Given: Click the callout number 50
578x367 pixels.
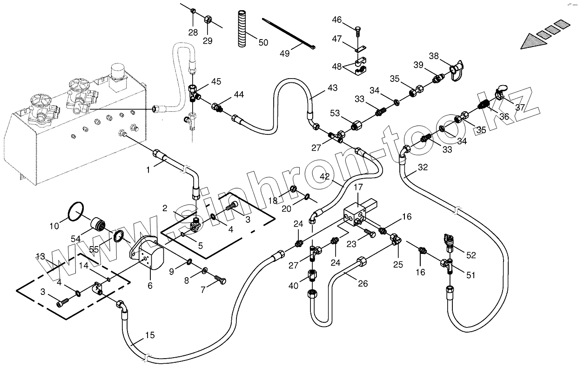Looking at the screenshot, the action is [x=263, y=42].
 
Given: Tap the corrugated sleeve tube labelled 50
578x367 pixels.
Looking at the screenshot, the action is [x=242, y=28].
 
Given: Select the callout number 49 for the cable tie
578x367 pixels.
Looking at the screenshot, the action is [x=285, y=53].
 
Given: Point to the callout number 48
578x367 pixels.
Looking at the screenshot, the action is [x=337, y=67].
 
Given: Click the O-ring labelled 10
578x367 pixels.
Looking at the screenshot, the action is [x=76, y=212].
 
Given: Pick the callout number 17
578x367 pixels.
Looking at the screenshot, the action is [x=358, y=187].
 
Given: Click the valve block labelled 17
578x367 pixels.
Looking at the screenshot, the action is [x=360, y=214].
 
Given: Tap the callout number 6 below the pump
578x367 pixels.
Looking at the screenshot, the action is [x=150, y=286].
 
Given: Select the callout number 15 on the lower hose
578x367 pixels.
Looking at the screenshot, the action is [x=150, y=335].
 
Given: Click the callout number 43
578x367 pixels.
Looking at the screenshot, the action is [x=332, y=88].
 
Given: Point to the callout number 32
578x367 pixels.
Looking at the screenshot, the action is [x=423, y=167].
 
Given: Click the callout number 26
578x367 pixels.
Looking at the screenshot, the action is [x=363, y=283].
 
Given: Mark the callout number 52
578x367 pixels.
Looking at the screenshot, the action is [x=471, y=255].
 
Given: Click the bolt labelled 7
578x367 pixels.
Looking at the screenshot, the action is [x=220, y=280].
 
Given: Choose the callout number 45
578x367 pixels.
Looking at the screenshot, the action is [x=216, y=81].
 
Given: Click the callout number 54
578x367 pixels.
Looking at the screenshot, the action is [x=75, y=239].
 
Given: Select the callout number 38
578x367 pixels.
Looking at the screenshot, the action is [x=434, y=56].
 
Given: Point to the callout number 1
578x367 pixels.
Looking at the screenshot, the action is [x=148, y=170].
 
